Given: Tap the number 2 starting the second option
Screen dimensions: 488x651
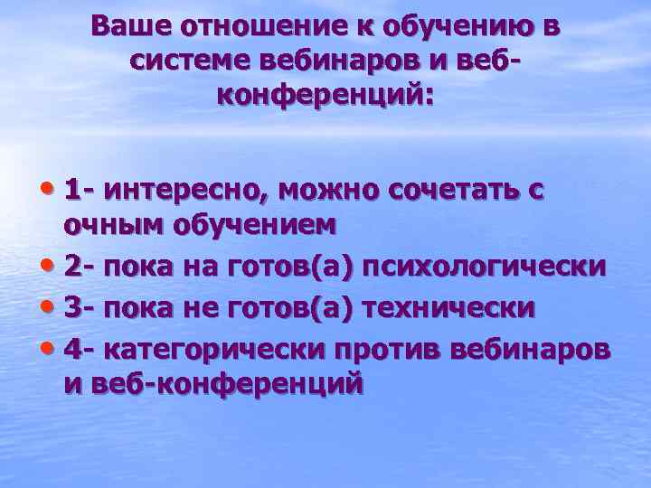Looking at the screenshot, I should click(x=72, y=267).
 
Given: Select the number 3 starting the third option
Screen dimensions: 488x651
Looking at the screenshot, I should click(x=72, y=306).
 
